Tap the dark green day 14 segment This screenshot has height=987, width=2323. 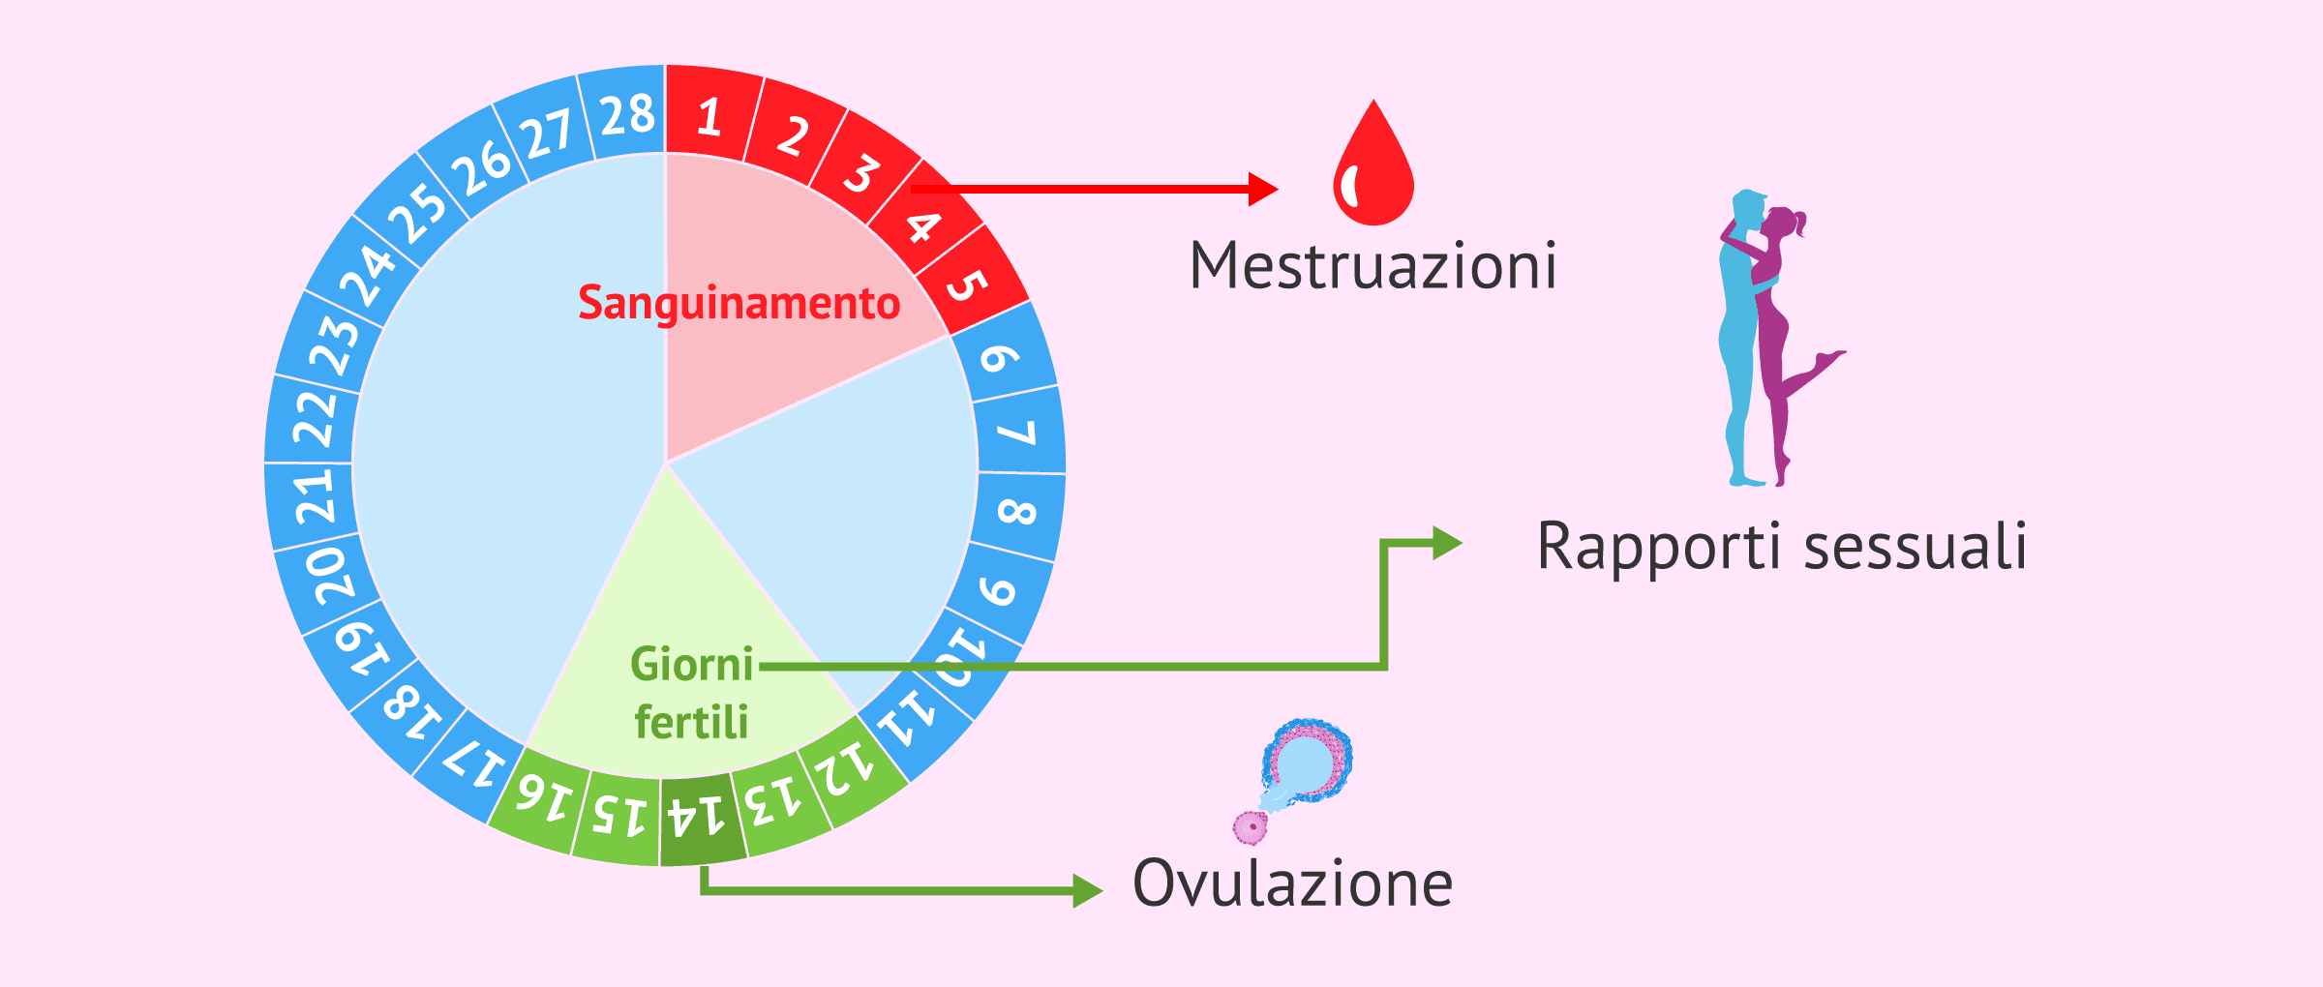point(699,819)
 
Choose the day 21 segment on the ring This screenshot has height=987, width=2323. point(314,497)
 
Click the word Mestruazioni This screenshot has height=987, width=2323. point(1373,266)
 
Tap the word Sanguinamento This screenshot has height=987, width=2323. point(739,303)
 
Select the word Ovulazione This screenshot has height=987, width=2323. point(1292,883)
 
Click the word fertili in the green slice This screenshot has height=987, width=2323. point(691,722)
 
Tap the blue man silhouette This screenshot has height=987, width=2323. point(1739,339)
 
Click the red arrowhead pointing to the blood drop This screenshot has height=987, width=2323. point(1262,189)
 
